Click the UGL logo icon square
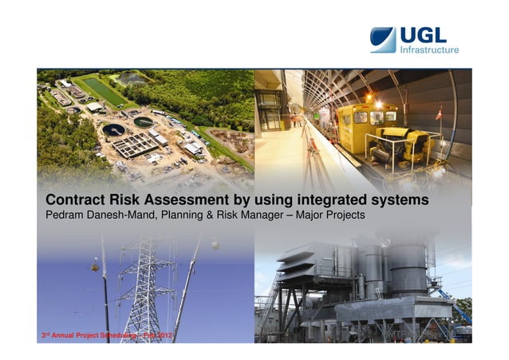383,40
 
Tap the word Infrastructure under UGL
428,50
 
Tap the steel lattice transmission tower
144,287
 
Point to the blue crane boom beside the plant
461,307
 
